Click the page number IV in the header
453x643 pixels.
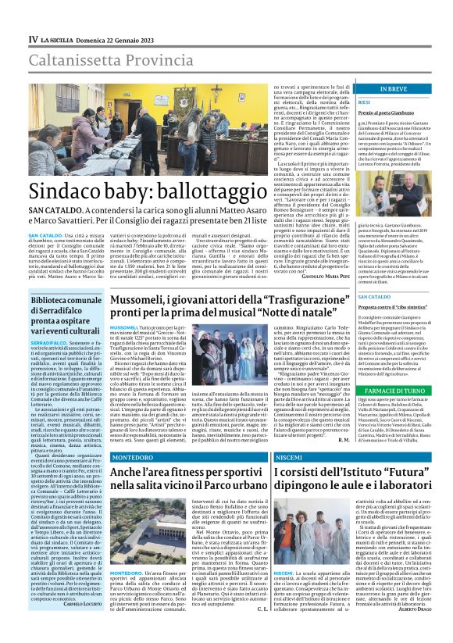[x=33, y=38]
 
